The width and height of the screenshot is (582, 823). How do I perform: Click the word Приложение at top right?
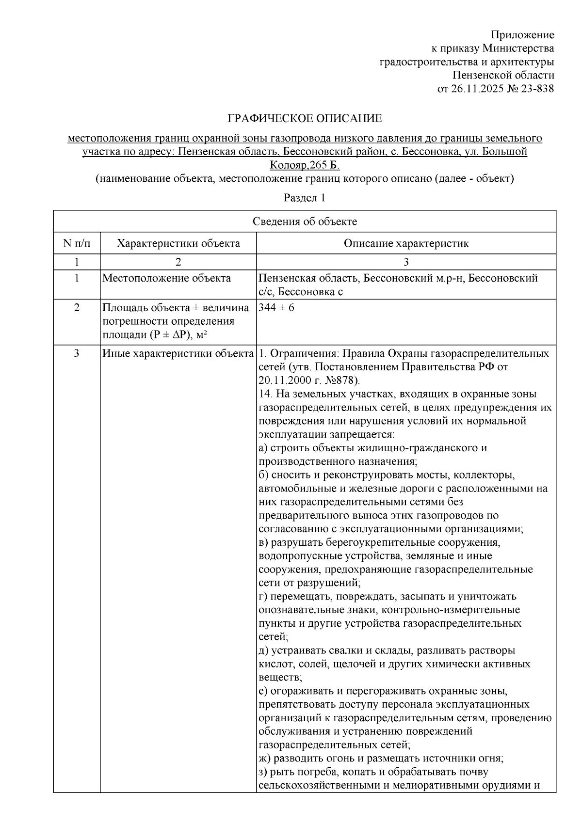point(522,35)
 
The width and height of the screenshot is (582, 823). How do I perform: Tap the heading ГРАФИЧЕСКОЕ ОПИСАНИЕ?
point(305,118)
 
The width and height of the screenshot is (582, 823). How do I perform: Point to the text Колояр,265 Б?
point(305,165)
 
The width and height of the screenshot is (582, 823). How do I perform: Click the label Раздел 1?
point(304,198)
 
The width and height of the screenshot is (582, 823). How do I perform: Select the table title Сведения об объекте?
point(305,222)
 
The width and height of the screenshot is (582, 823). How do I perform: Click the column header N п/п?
point(77,243)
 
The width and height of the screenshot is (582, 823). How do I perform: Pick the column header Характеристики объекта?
point(178,243)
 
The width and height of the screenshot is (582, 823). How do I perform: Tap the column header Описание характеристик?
point(406,243)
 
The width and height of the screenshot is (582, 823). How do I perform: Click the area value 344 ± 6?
point(276,308)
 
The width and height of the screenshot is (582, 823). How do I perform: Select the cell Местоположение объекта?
point(166,278)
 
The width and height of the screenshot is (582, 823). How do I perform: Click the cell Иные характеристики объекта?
point(178,353)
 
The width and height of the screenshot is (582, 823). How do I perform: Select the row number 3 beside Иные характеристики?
point(77,353)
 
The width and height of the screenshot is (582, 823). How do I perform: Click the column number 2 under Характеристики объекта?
point(178,262)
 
